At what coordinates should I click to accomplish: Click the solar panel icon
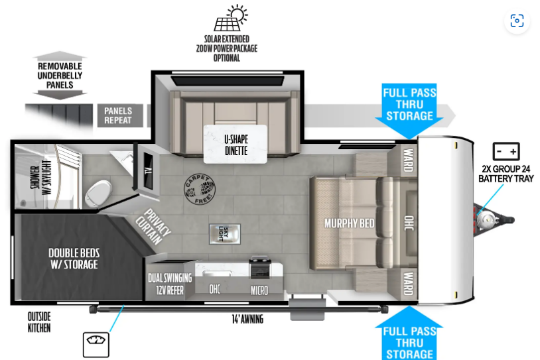click(x=230, y=18)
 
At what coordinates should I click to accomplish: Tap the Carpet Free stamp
click(x=200, y=189)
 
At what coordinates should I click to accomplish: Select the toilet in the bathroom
click(x=100, y=194)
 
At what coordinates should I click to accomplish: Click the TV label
click(x=149, y=170)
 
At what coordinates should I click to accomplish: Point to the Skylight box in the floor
click(x=224, y=234)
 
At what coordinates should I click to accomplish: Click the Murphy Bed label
click(x=349, y=223)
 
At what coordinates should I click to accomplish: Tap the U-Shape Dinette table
click(x=236, y=145)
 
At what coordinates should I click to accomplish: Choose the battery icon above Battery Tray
click(x=506, y=151)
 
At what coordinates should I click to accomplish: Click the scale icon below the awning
click(x=96, y=345)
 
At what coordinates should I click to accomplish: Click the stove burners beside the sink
click(x=260, y=267)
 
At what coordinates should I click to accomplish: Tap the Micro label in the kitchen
click(x=259, y=291)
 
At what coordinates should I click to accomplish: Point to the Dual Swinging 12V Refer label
click(x=170, y=284)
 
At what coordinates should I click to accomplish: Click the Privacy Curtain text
click(x=153, y=227)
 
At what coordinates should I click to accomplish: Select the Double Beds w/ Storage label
click(x=74, y=259)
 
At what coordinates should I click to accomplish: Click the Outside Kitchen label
click(x=39, y=322)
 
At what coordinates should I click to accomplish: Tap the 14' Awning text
click(x=247, y=319)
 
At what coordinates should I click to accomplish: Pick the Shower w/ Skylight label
click(x=41, y=177)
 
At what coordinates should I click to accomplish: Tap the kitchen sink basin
click(x=212, y=273)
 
